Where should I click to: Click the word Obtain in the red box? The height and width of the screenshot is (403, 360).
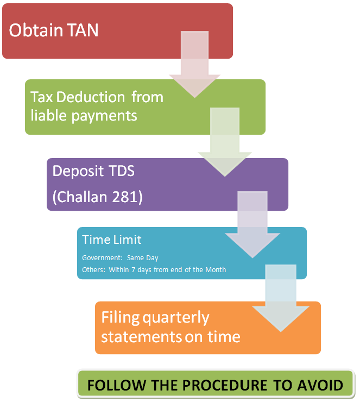click(35, 30)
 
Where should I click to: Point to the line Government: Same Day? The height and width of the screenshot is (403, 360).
click(120, 258)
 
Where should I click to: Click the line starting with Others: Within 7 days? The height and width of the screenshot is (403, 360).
click(154, 269)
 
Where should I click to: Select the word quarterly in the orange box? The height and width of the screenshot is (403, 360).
click(176, 317)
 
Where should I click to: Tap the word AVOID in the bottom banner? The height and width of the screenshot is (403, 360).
click(319, 385)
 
